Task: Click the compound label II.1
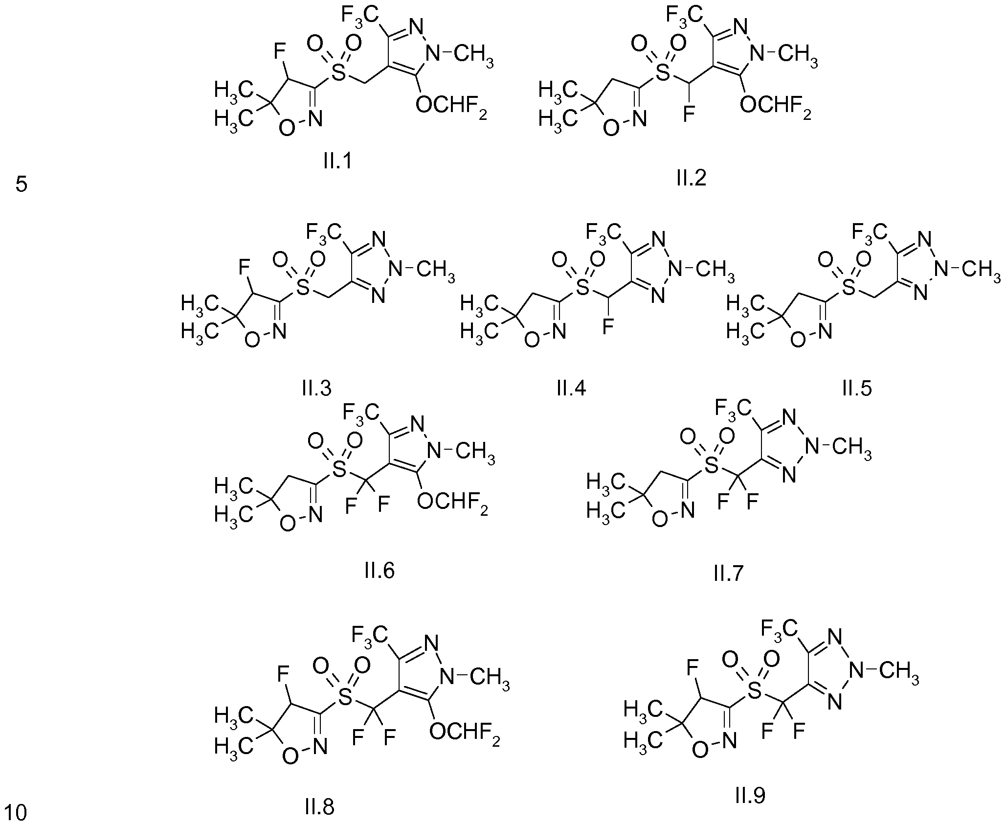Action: click(x=337, y=161)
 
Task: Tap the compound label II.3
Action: click(x=316, y=388)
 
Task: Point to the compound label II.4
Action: click(x=571, y=388)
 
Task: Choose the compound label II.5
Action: click(x=857, y=388)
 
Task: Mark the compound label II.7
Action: click(x=728, y=573)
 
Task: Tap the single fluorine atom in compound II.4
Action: click(x=608, y=326)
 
